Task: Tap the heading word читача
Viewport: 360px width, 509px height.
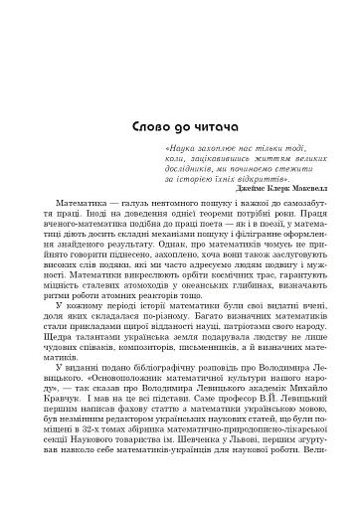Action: coord(212,102)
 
